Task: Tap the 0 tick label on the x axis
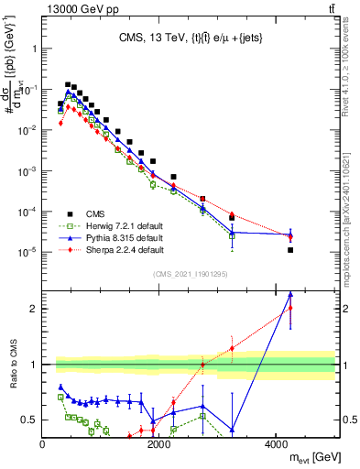[43, 444]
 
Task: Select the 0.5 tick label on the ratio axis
[27, 420]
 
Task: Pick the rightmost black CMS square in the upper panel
[290, 249]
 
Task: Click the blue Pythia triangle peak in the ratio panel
[290, 294]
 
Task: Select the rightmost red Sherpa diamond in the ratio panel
[290, 308]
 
